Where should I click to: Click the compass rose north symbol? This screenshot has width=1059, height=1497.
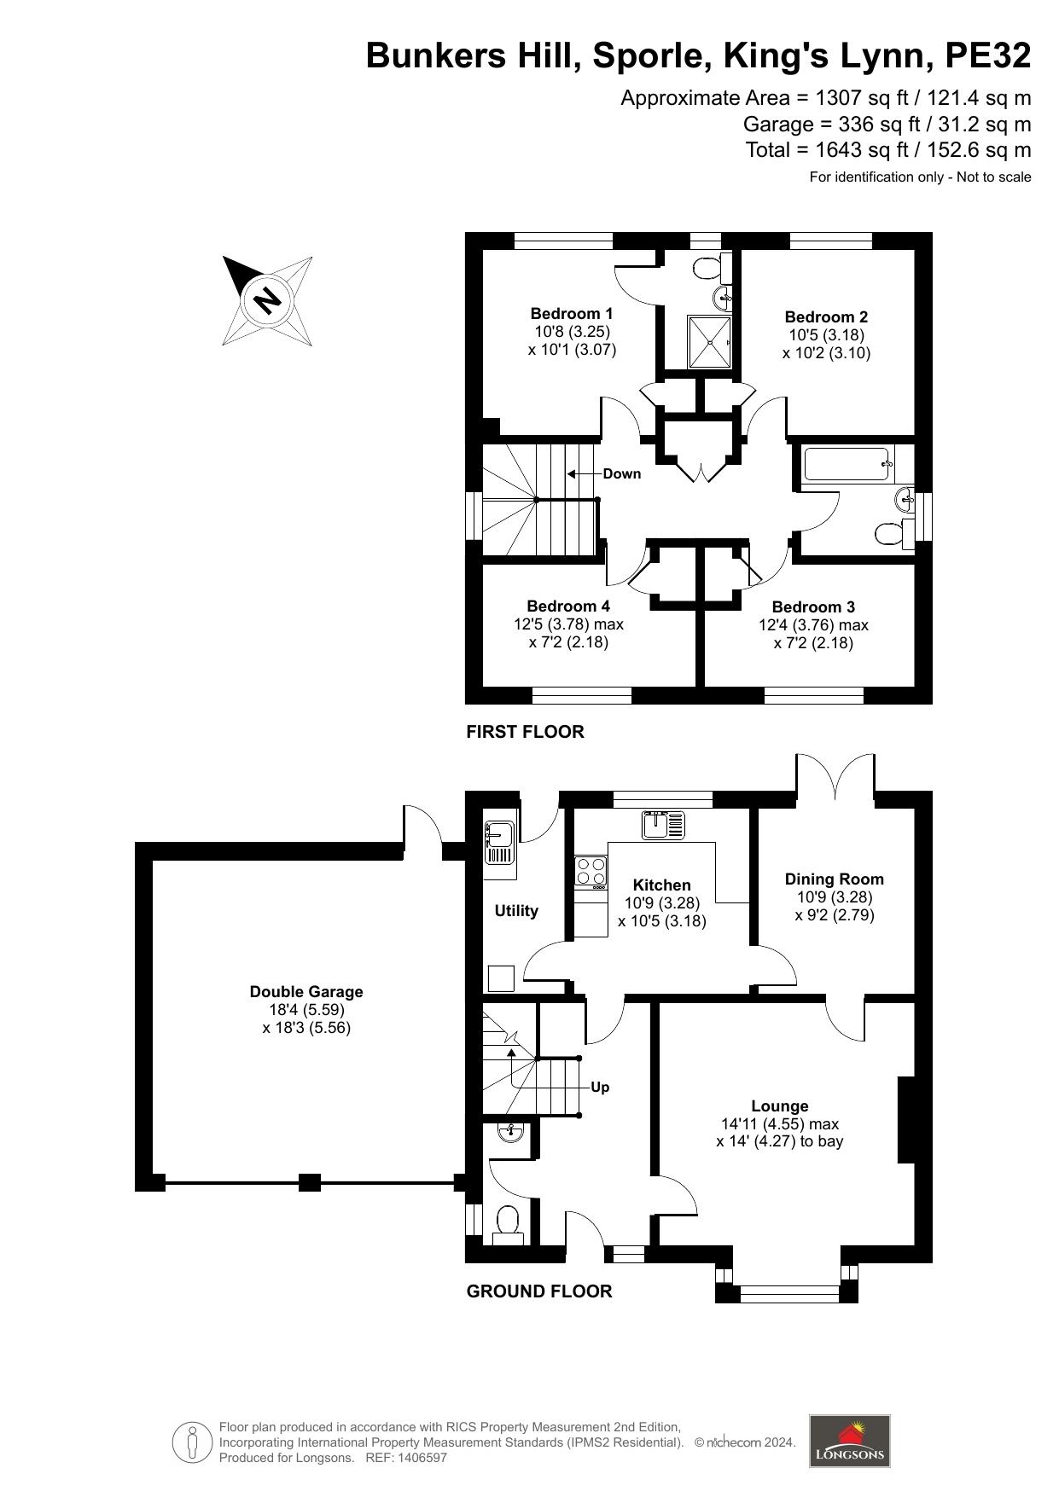point(267,300)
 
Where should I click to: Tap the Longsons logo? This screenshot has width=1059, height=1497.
point(849,1441)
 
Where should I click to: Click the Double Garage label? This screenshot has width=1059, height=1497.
point(306,991)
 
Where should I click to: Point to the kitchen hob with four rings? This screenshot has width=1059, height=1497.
point(591,872)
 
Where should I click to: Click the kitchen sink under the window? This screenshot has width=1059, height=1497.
point(663,825)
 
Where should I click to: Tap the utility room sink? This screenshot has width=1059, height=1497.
point(498,842)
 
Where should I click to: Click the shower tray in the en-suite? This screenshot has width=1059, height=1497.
point(710,342)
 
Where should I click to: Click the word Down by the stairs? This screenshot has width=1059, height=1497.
point(621,473)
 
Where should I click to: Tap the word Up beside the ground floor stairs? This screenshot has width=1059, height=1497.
point(600,1088)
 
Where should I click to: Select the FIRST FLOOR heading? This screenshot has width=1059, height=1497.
point(525,732)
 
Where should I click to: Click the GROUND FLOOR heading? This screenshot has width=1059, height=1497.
point(539,1291)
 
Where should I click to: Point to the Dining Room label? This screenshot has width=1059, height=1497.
point(835,879)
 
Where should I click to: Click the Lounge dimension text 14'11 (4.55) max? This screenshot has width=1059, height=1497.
point(780,1123)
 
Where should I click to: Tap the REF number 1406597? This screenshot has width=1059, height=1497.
point(419,1458)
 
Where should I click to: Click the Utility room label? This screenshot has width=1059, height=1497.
point(516,911)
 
